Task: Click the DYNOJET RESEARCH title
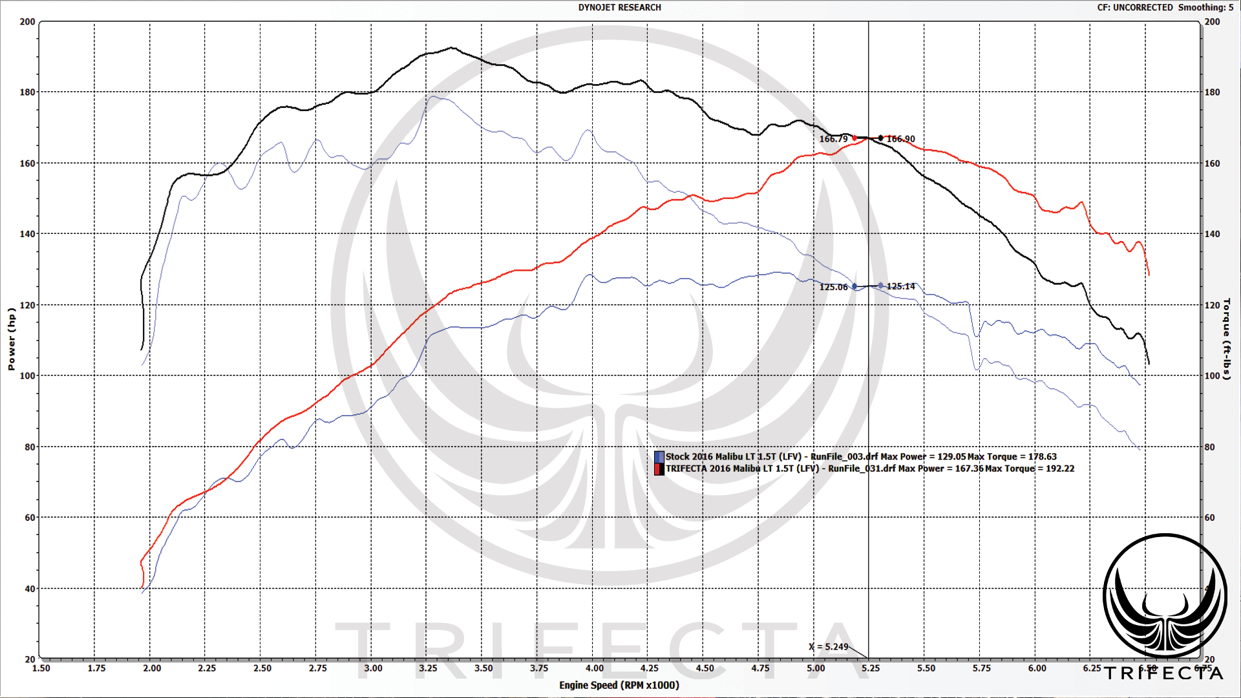619,8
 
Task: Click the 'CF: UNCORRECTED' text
1134,8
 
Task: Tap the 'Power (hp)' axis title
11,339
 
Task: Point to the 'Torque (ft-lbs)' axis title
1226,339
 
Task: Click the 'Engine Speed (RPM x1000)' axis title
619,685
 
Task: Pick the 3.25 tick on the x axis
428,668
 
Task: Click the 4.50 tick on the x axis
705,668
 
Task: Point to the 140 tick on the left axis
27,234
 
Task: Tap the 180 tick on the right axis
1212,92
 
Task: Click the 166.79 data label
833,139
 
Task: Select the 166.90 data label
901,139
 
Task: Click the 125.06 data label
833,287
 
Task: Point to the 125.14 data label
901,286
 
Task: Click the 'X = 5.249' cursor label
829,647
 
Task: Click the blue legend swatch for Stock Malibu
659,457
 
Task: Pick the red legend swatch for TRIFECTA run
659,469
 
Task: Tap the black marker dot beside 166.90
880,138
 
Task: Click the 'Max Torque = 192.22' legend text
1030,469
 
